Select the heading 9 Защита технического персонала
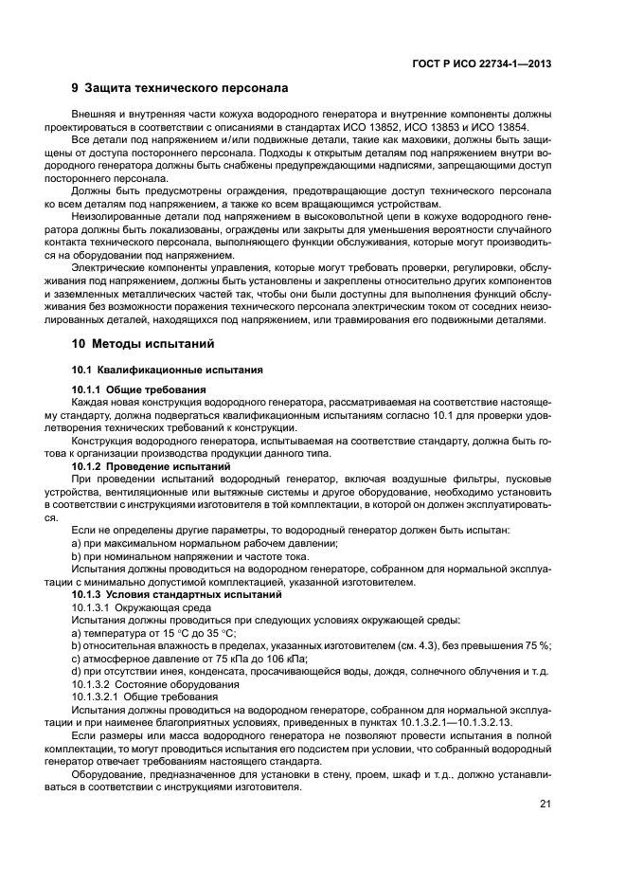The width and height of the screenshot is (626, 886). [179, 89]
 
